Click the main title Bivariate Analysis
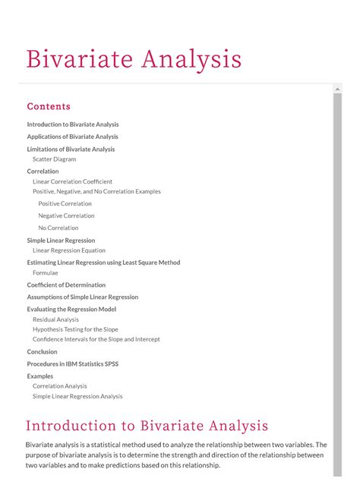134,58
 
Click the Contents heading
49,106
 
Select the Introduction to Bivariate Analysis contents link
73,124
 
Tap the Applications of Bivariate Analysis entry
73,137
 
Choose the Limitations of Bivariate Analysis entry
71,149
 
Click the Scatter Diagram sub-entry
54,159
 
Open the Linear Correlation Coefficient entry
72,181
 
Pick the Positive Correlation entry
65,203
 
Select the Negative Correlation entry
66,216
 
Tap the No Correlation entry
58,228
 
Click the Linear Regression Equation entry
69,250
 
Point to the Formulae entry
45,272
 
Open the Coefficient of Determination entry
66,285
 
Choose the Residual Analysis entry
55,319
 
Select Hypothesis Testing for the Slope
75,329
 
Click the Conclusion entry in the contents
42,352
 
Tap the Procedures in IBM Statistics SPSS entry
73,364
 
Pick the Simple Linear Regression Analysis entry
77,396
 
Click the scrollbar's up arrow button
338,90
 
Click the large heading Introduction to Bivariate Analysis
147,426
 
